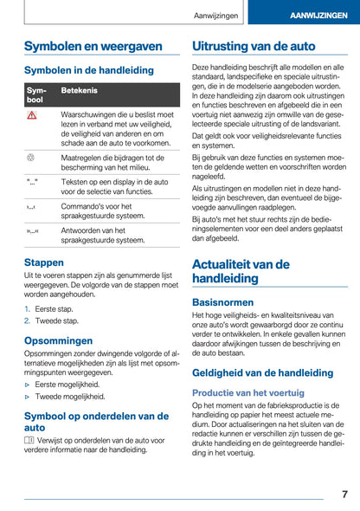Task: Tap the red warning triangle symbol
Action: pos(32,116)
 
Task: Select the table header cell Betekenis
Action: pos(80,90)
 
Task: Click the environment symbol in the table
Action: pos(32,158)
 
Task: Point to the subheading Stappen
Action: pos(43,262)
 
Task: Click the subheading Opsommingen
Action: pos(58,340)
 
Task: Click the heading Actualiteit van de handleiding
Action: pos(241,271)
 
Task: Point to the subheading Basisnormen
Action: pos(222,302)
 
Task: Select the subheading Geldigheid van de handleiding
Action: pos(262,372)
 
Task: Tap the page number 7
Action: pos(344,494)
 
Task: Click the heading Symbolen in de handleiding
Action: pos(89,70)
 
